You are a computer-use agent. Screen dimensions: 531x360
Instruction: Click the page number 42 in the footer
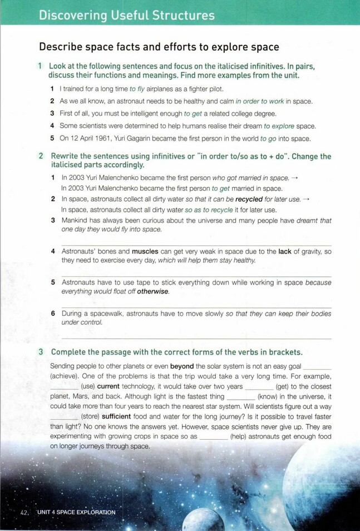(24, 512)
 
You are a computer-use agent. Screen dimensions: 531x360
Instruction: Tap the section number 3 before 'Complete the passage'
(41, 352)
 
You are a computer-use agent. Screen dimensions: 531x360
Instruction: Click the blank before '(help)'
(213, 436)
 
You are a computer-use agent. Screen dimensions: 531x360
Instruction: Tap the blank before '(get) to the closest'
(259, 386)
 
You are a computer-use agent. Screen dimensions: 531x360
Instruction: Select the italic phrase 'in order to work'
(260, 101)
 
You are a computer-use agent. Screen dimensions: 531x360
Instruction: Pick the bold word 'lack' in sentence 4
(285, 252)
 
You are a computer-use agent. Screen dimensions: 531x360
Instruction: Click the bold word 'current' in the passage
(109, 386)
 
